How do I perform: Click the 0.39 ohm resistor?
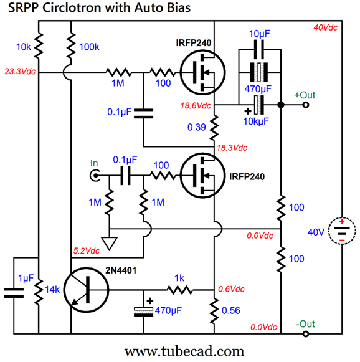point(214,126)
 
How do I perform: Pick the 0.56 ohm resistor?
point(214,310)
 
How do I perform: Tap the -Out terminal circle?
point(305,335)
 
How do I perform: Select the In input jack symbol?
point(95,176)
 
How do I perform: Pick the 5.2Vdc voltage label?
point(86,251)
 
